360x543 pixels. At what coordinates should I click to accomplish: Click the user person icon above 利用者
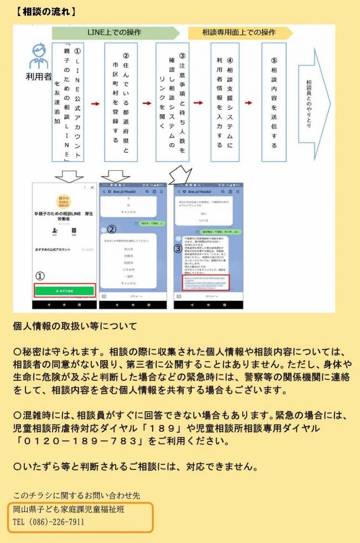click(38, 55)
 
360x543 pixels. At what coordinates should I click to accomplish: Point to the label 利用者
click(38, 75)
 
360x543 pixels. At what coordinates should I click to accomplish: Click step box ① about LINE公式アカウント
click(68, 102)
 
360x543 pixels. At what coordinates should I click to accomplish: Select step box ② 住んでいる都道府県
click(121, 102)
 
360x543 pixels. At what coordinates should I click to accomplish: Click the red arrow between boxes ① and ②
click(95, 104)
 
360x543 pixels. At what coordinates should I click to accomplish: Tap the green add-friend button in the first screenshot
click(64, 290)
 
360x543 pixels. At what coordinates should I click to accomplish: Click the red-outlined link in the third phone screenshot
click(205, 281)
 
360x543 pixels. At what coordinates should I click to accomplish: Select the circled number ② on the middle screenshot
click(111, 228)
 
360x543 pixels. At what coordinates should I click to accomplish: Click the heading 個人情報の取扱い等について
click(75, 326)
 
